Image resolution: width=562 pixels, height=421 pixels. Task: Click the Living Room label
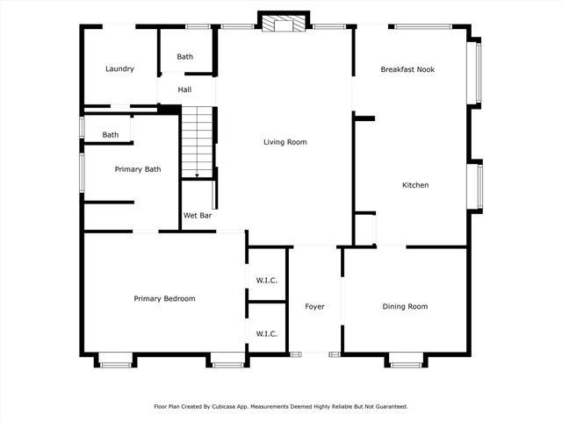[285, 142]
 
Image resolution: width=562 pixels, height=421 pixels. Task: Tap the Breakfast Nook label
[407, 69]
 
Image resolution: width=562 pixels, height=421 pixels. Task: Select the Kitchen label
[415, 185]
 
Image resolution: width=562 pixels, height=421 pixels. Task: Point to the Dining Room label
[405, 306]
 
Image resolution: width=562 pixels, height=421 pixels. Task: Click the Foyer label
[314, 306]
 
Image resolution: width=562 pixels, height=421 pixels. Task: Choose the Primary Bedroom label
[164, 298]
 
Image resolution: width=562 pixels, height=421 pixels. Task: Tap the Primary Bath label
[138, 169]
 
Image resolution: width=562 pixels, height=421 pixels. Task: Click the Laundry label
[119, 68]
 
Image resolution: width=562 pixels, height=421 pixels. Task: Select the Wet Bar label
[198, 216]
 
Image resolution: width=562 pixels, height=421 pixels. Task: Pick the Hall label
[184, 89]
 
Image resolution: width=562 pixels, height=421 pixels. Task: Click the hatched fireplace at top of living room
[283, 23]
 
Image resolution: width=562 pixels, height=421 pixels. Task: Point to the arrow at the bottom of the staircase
[197, 175]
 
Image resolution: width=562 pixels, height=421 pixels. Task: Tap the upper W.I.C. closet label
[267, 281]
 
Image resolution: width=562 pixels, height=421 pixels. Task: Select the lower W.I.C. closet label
[267, 334]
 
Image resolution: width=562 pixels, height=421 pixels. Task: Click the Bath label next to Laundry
[185, 56]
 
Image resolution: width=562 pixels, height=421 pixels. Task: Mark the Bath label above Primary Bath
[111, 135]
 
